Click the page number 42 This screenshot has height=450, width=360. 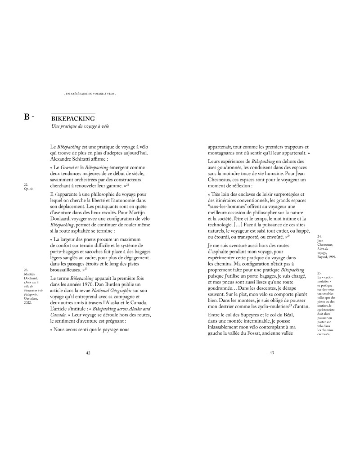[88, 353]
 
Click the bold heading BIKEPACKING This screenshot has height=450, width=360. [73, 118]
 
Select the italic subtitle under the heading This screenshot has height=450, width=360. [81, 127]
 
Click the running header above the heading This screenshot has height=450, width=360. [90, 94]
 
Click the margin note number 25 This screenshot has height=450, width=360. [319, 273]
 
